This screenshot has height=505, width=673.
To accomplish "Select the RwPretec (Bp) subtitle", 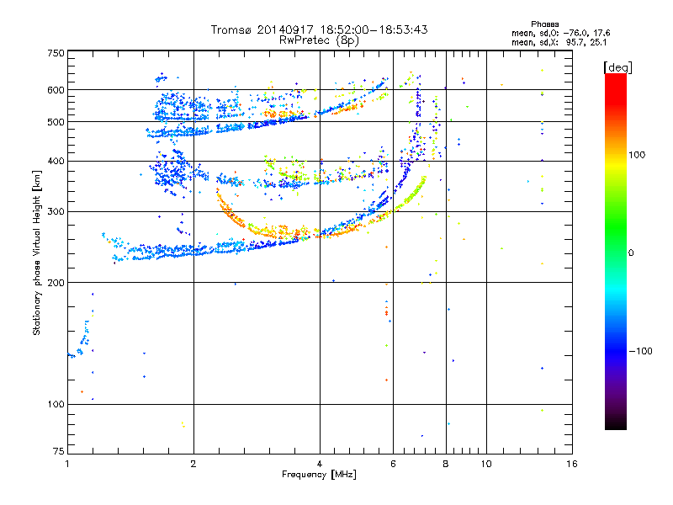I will pyautogui.click(x=319, y=40).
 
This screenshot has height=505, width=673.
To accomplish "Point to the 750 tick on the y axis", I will pyautogui.click(x=56, y=53).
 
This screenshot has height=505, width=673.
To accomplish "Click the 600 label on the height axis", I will pyautogui.click(x=56, y=90).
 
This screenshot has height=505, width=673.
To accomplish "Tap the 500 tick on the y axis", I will pyautogui.click(x=56, y=122).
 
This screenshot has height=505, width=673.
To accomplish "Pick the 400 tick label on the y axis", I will pyautogui.click(x=56, y=162).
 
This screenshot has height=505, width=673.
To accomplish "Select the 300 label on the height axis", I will pyautogui.click(x=56, y=211).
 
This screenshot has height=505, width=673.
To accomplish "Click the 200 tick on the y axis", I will pyautogui.click(x=56, y=283).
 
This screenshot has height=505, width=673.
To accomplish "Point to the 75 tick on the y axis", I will pyautogui.click(x=58, y=453).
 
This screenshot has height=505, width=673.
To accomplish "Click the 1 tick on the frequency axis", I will pyautogui.click(x=67, y=464).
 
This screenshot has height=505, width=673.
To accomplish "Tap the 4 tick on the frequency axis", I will pyautogui.click(x=320, y=464).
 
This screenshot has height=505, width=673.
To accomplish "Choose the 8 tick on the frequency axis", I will pyautogui.click(x=446, y=464).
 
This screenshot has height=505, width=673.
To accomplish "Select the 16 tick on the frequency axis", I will pyautogui.click(x=570, y=464).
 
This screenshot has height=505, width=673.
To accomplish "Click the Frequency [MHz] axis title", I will pyautogui.click(x=319, y=475).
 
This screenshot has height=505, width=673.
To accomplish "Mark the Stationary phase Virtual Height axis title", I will pyautogui.click(x=37, y=252).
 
